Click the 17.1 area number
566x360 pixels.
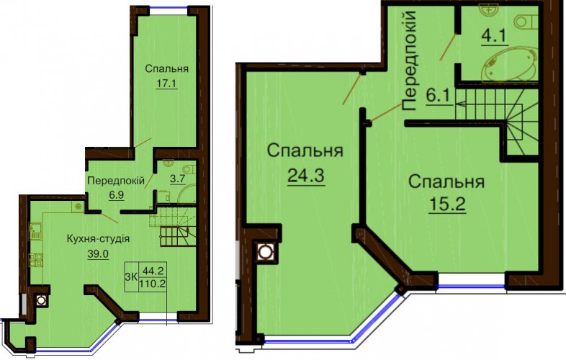click(166, 84)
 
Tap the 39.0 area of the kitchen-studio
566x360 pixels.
click(98, 254)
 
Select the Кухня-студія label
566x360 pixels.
click(98, 238)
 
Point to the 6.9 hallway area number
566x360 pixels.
click(116, 195)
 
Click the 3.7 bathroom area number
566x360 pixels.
click(178, 179)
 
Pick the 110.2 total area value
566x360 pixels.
click(153, 284)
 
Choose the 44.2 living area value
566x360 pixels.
click(153, 270)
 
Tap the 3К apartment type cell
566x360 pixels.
click(130, 277)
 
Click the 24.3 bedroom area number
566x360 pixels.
click(306, 176)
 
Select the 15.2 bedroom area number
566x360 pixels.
click(447, 204)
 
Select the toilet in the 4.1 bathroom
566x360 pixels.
click(526, 22)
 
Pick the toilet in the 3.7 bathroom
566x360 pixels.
click(189, 169)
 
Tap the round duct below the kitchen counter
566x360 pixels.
click(41, 300)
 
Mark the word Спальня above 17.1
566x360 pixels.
click(167, 68)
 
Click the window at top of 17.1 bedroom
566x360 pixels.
click(169, 9)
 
